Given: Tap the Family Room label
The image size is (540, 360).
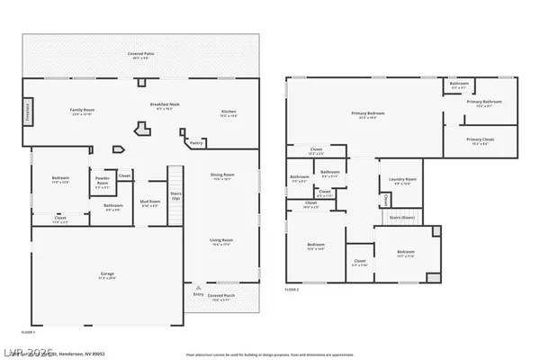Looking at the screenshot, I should coord(83,112).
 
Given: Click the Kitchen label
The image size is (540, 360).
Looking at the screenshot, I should coord(229,112).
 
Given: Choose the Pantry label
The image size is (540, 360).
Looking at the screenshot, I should coord(196,142).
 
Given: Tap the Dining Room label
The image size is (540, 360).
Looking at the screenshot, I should coord(222,176).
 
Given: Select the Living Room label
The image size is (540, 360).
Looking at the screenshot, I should coord(221,240).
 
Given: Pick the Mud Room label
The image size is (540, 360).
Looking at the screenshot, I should coord(148,202).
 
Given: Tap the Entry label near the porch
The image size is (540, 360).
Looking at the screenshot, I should coord(198,294).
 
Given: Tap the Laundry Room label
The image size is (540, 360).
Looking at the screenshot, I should coord(397,181).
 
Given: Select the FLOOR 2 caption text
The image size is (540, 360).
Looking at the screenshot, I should coord(292,289).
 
